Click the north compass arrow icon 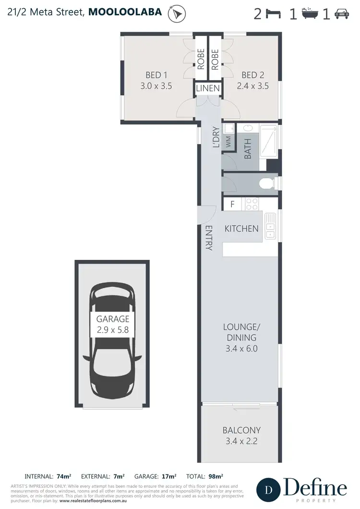pyautogui.click(x=177, y=14)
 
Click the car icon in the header pyautogui.click(x=342, y=14)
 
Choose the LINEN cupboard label pyautogui.click(x=208, y=88)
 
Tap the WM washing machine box pyautogui.click(x=228, y=142)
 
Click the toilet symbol pyautogui.click(x=266, y=183)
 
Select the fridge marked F pyautogui.click(x=232, y=204)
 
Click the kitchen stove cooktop pyautogui.click(x=252, y=204)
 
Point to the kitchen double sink pyautogui.click(x=270, y=226)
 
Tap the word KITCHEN pyautogui.click(x=241, y=229)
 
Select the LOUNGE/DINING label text pyautogui.click(x=241, y=333)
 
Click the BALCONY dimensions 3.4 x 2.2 pyautogui.click(x=241, y=441)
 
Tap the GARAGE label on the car pyautogui.click(x=113, y=319)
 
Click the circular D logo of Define pyautogui.click(x=269, y=490)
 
